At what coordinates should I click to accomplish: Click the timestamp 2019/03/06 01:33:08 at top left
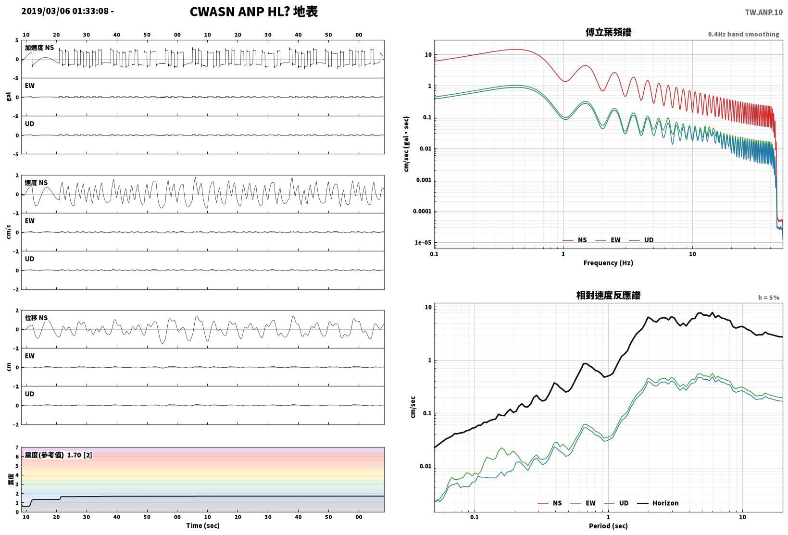click(65, 11)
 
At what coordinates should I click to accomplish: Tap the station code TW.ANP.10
click(764, 12)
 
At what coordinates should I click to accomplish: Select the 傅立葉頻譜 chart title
click(608, 32)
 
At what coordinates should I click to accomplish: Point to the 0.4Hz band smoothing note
click(744, 34)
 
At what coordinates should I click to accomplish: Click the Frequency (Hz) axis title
click(608, 263)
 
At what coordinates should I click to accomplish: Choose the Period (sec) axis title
click(608, 526)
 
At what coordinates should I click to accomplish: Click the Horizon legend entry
click(658, 503)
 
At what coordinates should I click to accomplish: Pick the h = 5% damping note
click(769, 298)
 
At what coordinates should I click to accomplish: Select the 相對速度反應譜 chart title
click(608, 295)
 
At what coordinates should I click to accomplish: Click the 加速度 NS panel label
click(39, 48)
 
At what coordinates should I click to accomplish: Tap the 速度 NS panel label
click(36, 183)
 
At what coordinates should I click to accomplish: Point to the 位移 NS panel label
click(36, 318)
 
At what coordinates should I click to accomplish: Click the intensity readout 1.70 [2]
click(79, 455)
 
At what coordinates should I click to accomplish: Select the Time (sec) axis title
click(202, 525)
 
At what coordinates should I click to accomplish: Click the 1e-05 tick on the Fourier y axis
click(423, 243)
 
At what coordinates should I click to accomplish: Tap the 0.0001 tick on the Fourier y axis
click(422, 212)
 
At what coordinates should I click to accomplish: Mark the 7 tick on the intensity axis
click(17, 448)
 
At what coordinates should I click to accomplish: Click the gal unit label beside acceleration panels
click(9, 97)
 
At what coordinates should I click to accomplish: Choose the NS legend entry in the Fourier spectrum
click(575, 240)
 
